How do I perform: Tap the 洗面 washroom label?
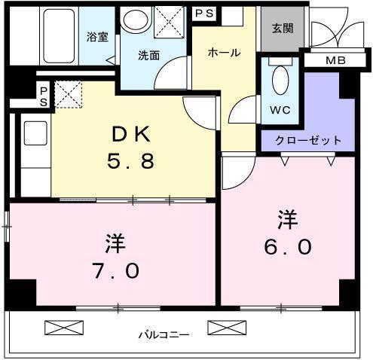(148, 55)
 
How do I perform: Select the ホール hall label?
(224, 53)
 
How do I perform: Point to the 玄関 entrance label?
(283, 29)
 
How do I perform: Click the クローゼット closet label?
(308, 140)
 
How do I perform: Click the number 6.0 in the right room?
(289, 246)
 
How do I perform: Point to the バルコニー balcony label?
(164, 334)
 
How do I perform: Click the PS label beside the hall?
(203, 14)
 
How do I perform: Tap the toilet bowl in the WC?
(280, 79)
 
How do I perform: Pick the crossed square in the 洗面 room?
(167, 19)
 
